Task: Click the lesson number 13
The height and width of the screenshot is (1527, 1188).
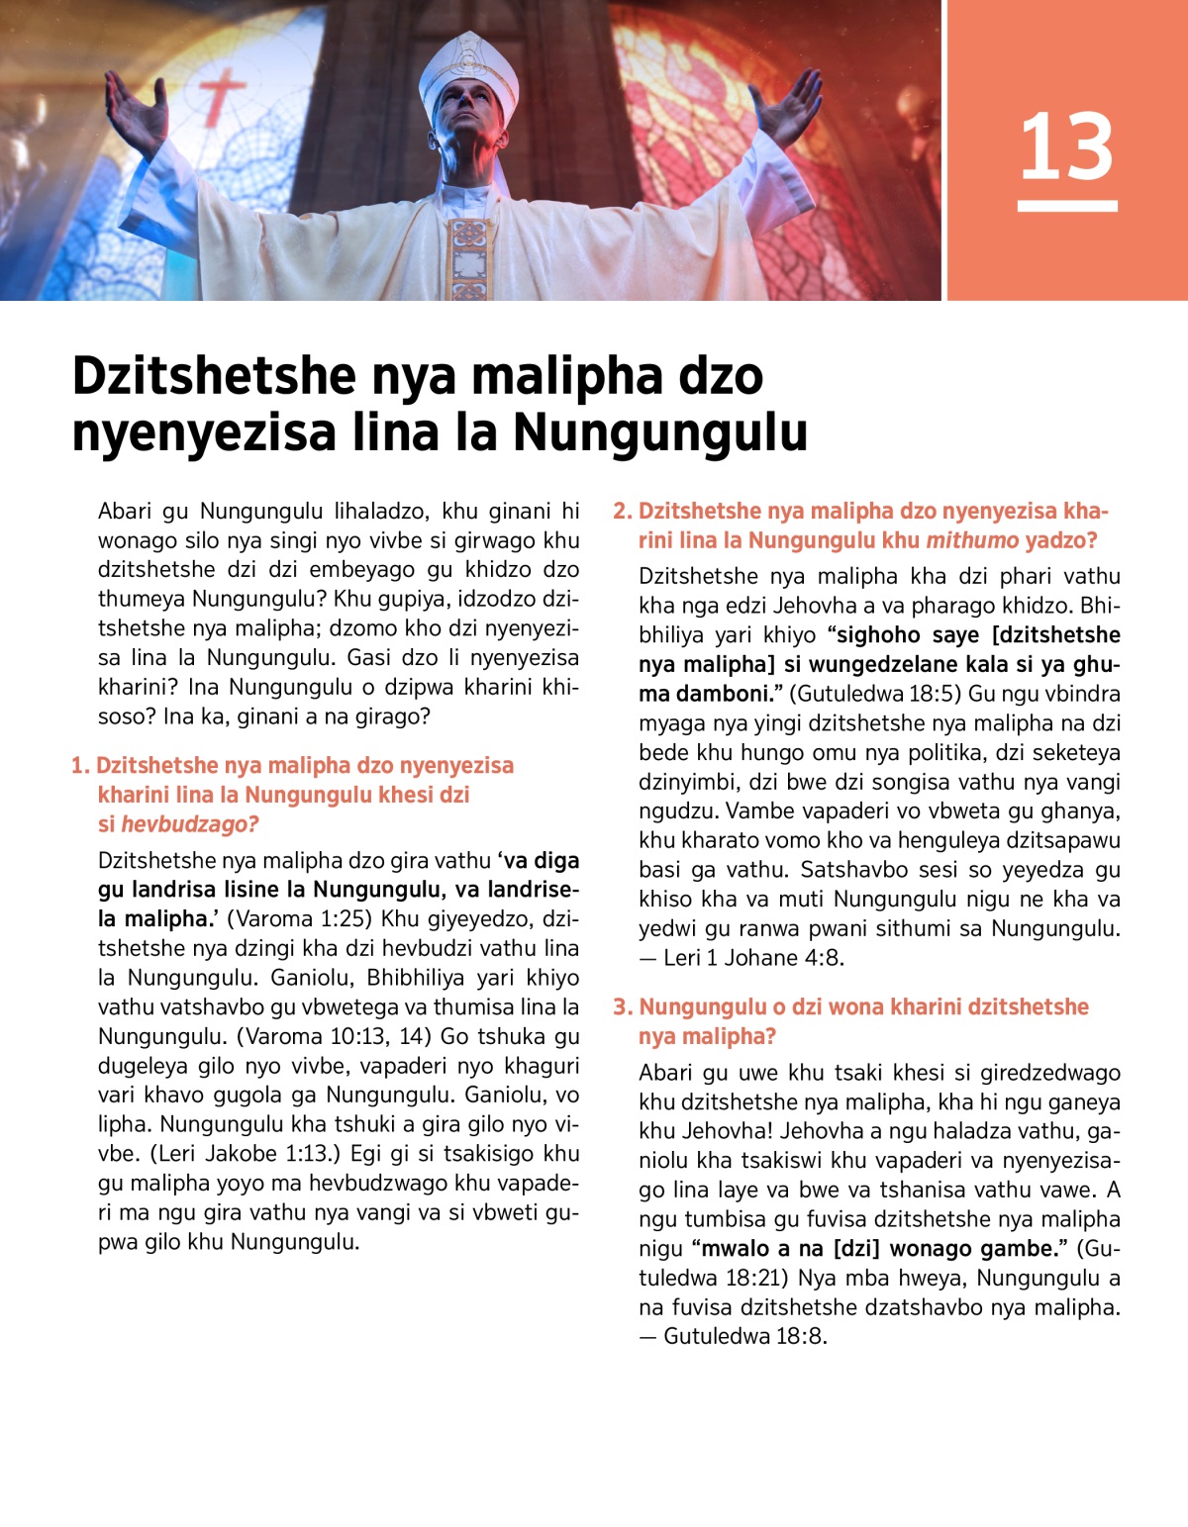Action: pyautogui.click(x=1066, y=146)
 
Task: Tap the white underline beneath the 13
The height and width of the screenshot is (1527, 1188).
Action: pyautogui.click(x=1067, y=206)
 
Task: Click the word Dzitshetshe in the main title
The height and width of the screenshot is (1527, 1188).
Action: pyautogui.click(x=213, y=376)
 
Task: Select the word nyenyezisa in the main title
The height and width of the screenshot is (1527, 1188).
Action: pyautogui.click(x=203, y=433)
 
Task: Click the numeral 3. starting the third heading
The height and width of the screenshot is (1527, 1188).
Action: pyautogui.click(x=623, y=1007)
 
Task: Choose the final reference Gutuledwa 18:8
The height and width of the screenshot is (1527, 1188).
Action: pyautogui.click(x=744, y=1336)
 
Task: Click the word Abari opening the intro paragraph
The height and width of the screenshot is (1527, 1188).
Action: pyautogui.click(x=125, y=512)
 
